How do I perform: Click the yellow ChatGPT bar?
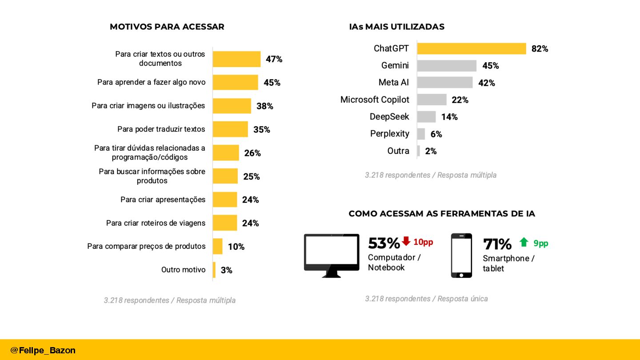pyautogui.click(x=471, y=48)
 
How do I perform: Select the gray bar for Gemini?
pyautogui.click(x=447, y=66)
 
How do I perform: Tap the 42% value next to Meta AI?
pyautogui.click(x=486, y=83)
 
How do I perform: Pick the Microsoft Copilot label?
pyautogui.click(x=375, y=100)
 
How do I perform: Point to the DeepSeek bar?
pyautogui.click(x=427, y=117)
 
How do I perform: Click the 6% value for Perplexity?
pyautogui.click(x=436, y=134)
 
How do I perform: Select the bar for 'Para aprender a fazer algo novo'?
pyautogui.click(x=235, y=83)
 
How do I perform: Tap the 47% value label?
pyautogui.click(x=274, y=59)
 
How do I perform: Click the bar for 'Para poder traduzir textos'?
pyautogui.click(x=230, y=129)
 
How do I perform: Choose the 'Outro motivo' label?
pyautogui.click(x=183, y=270)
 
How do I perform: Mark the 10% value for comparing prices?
pyautogui.click(x=236, y=247)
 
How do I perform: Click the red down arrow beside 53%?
pyautogui.click(x=406, y=241)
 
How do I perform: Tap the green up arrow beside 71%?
pyautogui.click(x=524, y=242)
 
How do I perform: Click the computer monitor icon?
pyautogui.click(x=332, y=256)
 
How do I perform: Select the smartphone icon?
pyautogui.click(x=461, y=256)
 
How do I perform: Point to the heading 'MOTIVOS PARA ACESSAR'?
pyautogui.click(x=167, y=27)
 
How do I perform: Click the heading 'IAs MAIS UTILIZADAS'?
pyautogui.click(x=396, y=27)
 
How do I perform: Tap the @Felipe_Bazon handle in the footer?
pyautogui.click(x=43, y=350)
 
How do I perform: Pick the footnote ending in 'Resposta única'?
pyautogui.click(x=426, y=299)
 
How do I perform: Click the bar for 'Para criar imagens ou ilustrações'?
pyautogui.click(x=232, y=106)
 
